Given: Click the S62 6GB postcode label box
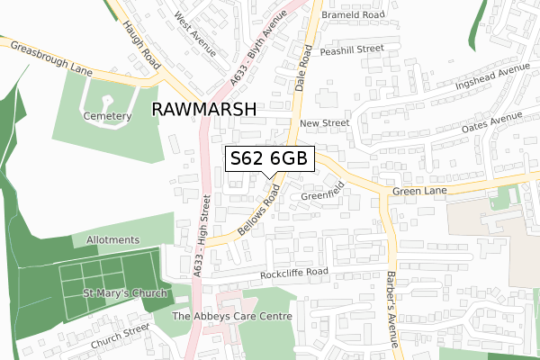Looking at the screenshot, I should (x=269, y=158).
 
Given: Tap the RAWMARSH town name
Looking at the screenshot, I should (x=205, y=109).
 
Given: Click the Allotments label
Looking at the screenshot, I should (x=113, y=240).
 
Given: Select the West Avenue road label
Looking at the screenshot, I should (x=196, y=34).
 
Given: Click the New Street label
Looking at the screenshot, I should (x=324, y=122).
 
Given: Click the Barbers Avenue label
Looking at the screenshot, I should (x=391, y=310).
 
